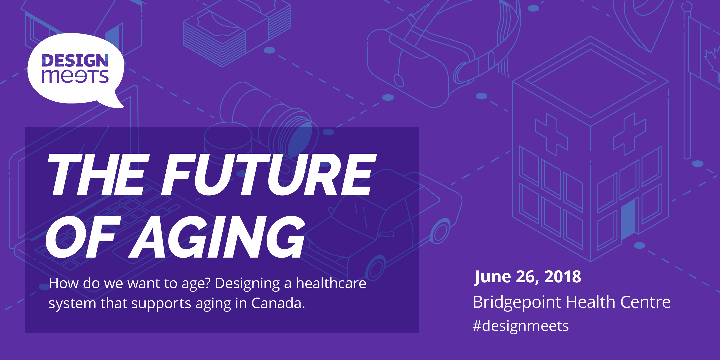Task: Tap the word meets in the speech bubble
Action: (75, 76)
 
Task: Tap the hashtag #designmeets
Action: (521, 326)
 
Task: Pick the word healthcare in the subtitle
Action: (331, 283)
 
